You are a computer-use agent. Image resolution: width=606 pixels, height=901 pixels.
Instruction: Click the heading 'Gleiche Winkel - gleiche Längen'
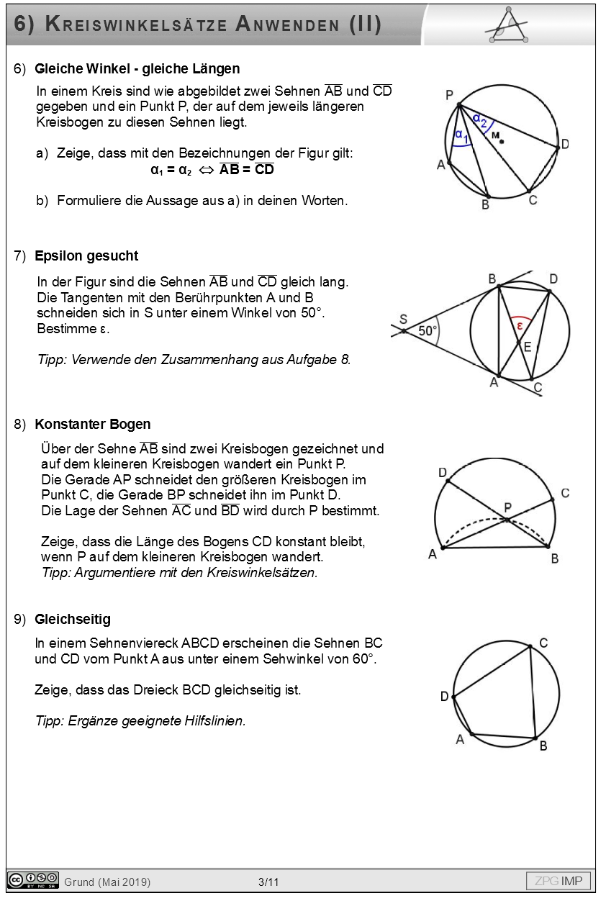(x=137, y=69)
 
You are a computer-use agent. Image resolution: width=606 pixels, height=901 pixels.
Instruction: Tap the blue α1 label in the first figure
(x=461, y=135)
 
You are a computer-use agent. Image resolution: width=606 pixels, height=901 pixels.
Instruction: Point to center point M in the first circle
(x=502, y=141)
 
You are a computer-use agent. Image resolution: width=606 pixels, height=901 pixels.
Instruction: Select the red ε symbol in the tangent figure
(x=520, y=325)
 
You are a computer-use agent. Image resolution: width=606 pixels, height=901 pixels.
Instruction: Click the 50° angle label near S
(x=428, y=331)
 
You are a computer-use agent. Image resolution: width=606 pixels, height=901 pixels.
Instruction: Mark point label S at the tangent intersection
(x=403, y=320)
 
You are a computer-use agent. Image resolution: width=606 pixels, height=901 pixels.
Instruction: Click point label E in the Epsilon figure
(x=528, y=347)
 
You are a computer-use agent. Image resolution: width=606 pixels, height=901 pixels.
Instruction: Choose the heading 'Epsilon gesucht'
(x=86, y=255)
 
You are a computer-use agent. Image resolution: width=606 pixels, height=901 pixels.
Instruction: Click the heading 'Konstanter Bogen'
(x=92, y=424)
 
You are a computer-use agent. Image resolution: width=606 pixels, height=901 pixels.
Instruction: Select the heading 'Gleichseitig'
(x=73, y=619)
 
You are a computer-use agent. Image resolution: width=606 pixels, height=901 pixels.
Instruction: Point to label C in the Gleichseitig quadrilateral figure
(x=543, y=643)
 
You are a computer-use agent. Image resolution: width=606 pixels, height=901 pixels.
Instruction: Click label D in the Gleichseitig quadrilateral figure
(x=445, y=696)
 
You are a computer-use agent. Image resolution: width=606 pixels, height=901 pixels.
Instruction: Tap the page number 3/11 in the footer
(x=268, y=882)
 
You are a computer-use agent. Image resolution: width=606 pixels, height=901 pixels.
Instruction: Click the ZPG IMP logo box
(x=558, y=881)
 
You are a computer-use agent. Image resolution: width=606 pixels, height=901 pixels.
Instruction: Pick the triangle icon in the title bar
(x=510, y=26)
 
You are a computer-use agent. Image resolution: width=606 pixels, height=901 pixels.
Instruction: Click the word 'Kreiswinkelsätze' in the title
(x=136, y=24)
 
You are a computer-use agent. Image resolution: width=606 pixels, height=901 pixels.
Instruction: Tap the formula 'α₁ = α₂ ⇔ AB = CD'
(x=212, y=171)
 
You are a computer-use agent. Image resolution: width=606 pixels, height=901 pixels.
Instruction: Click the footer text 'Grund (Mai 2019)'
(x=107, y=882)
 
